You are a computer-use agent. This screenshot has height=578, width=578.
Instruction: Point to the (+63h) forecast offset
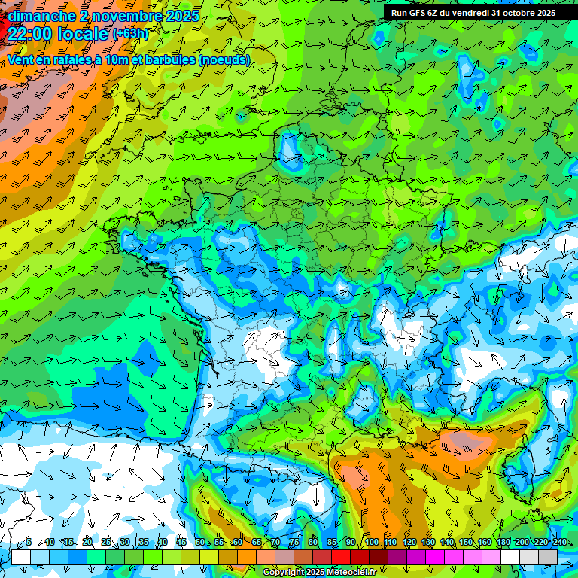point(129,34)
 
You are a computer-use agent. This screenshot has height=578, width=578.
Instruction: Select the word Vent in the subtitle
point(20,59)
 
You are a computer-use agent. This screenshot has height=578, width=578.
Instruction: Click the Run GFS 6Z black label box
point(473,13)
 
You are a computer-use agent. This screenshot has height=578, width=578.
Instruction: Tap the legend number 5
point(29,543)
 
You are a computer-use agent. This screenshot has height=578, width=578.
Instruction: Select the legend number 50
point(200,543)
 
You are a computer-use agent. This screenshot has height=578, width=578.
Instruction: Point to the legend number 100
point(371,543)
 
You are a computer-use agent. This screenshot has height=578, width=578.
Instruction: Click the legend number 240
point(559,543)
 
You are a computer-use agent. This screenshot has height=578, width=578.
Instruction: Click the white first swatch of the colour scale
point(21,557)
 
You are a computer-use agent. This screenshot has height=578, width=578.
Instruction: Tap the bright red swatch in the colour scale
point(341,557)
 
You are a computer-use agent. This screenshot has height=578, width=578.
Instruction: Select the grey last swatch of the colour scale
point(548,557)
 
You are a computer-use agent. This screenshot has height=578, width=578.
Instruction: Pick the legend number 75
point(294,543)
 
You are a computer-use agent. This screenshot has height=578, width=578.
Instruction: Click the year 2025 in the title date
point(183,16)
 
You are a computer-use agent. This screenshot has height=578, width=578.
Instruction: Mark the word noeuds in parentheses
point(225,59)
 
